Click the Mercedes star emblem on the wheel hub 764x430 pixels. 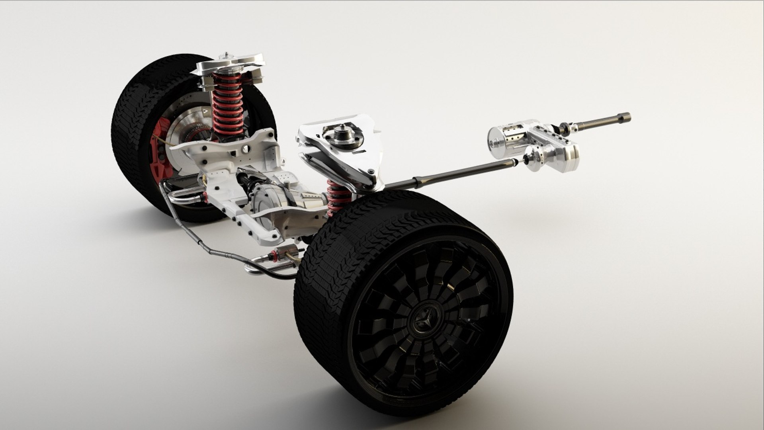click(423, 321)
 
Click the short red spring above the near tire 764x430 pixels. click(338, 195)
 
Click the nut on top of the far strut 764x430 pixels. click(227, 55)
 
